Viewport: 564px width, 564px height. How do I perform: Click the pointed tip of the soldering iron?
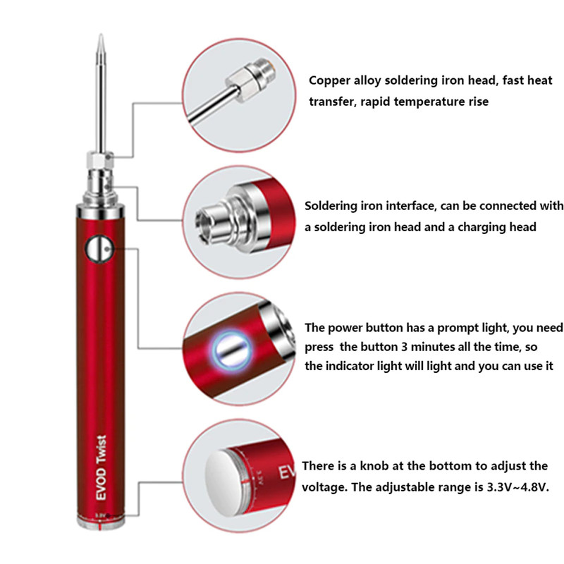[102, 38]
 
